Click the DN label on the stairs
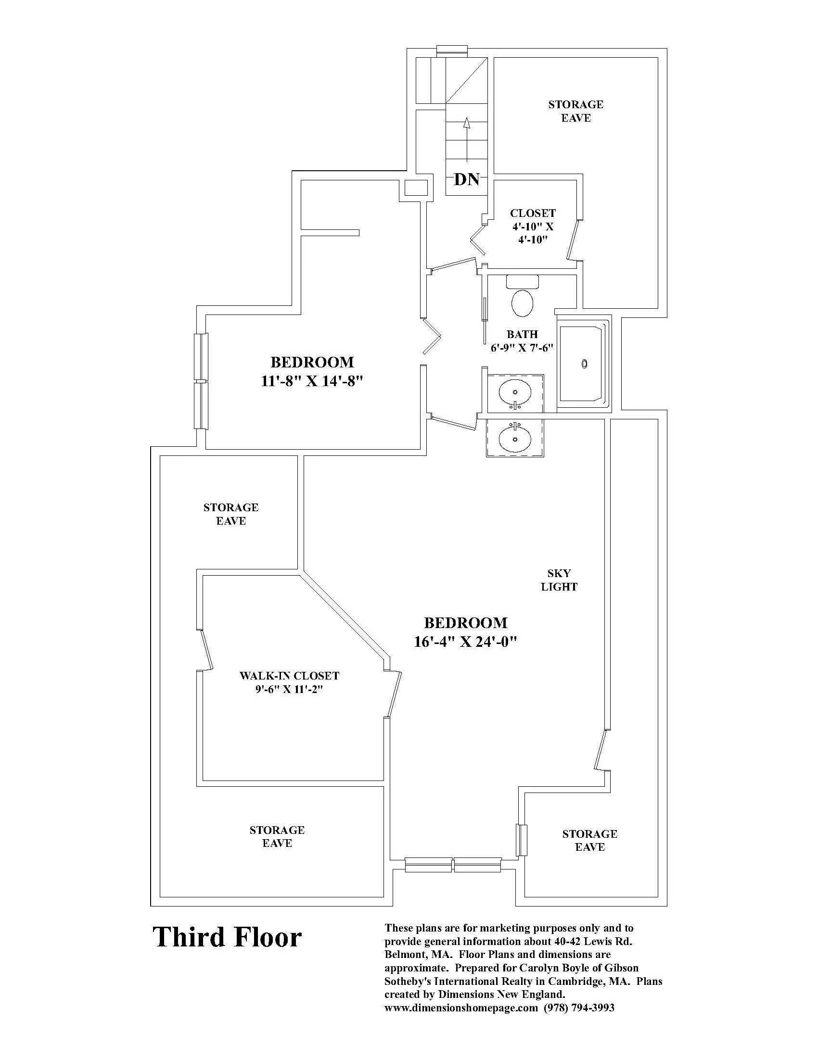[x=467, y=180]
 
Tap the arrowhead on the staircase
[x=467, y=123]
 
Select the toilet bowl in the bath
[x=523, y=303]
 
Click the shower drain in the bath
[x=585, y=364]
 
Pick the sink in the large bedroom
[x=515, y=439]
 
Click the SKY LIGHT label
[x=559, y=580]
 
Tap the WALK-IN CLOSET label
[x=289, y=676]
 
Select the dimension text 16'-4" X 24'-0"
[x=466, y=642]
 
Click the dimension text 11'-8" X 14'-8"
[x=312, y=381]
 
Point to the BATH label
[x=522, y=334]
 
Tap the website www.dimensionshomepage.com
[x=461, y=1008]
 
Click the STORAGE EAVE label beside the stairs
[x=575, y=111]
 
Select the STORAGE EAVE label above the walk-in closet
[x=230, y=514]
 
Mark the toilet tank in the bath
[x=523, y=281]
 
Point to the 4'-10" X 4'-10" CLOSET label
[x=533, y=226]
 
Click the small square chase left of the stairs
[x=416, y=188]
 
